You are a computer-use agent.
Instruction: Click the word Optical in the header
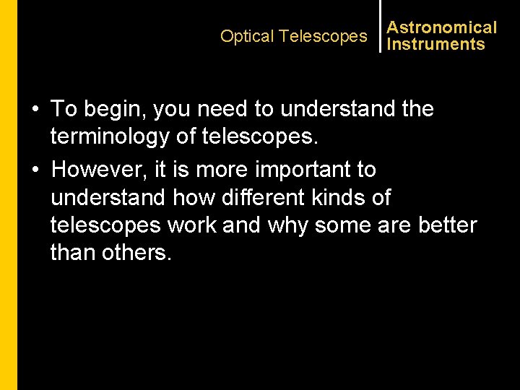click(247, 36)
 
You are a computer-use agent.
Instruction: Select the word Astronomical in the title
click(442, 27)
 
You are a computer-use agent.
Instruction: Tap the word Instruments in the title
click(435, 44)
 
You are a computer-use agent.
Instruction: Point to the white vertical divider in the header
click(380, 26)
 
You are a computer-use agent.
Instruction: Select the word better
click(447, 225)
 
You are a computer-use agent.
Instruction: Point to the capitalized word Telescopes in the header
click(323, 36)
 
